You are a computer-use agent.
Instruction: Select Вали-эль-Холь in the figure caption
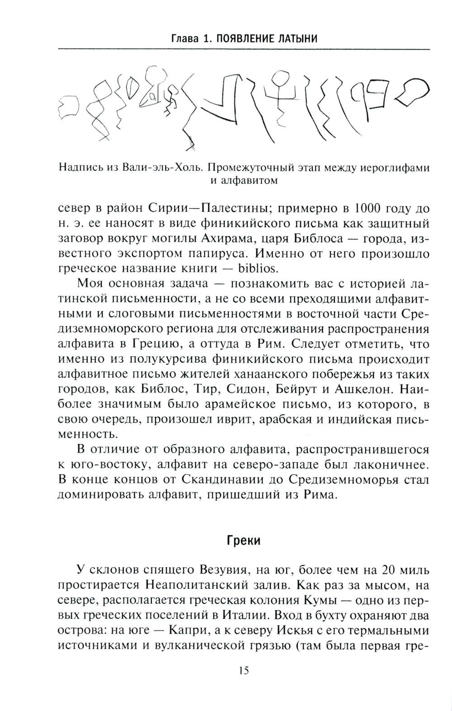[x=159, y=168]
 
